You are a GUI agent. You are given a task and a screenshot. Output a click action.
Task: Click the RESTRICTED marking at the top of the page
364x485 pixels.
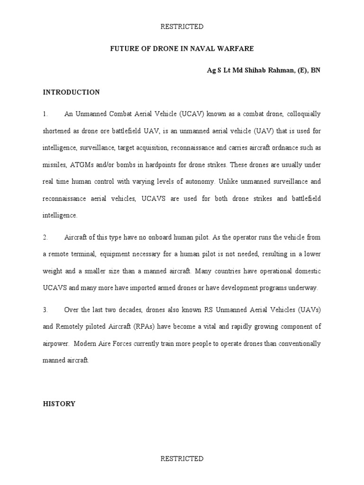coord(182,27)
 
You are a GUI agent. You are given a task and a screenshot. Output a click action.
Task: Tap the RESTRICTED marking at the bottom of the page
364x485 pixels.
coord(182,459)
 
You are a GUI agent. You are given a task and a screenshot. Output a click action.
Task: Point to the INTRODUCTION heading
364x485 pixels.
coord(71,92)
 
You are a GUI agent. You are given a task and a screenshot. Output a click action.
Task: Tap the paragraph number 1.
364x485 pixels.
coord(45,114)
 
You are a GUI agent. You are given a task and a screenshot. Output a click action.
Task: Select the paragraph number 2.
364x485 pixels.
coord(45,237)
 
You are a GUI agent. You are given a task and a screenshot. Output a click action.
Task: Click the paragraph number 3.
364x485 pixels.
coord(45,310)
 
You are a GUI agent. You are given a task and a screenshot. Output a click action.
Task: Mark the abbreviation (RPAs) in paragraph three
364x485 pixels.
coord(141,326)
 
